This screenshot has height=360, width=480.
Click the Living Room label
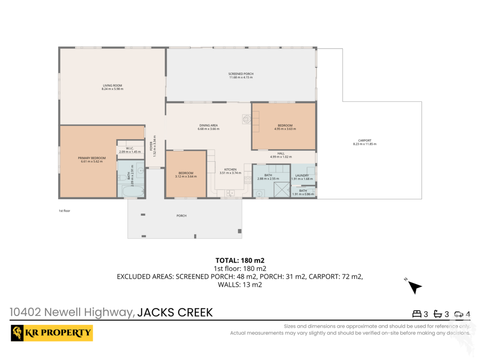tap(112, 85)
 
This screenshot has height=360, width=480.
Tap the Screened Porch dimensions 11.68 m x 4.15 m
tap(241, 77)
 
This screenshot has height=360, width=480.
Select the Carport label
tap(365, 141)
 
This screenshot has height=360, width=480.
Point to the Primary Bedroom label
tap(91, 158)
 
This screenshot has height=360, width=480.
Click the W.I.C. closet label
tap(130, 148)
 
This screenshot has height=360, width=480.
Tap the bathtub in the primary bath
tap(133, 191)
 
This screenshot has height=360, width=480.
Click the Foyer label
tap(151, 146)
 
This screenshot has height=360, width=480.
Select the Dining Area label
tap(209, 125)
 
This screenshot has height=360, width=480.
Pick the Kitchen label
tap(230, 169)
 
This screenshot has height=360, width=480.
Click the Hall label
tap(281, 153)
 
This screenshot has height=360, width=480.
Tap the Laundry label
tap(302, 175)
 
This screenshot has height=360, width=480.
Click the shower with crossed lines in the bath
tap(282, 189)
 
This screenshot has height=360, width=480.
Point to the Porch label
tap(181, 216)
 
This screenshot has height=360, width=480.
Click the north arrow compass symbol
tap(414, 287)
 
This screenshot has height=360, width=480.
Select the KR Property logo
tap(52, 333)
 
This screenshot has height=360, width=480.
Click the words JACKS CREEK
tap(175, 313)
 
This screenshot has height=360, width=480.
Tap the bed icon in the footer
tap(417, 314)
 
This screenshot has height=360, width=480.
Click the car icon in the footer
tap(458, 314)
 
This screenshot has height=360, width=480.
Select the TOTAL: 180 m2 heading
tap(240, 261)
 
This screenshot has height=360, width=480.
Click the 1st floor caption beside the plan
tap(64, 211)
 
